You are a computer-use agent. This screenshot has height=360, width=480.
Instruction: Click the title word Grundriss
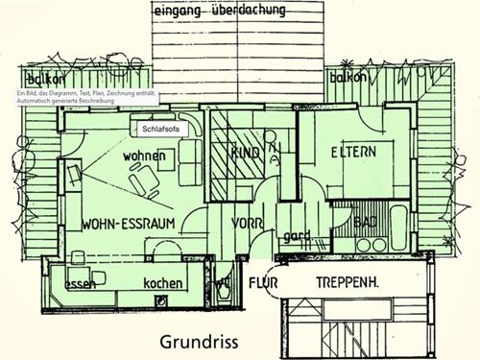point(198,342)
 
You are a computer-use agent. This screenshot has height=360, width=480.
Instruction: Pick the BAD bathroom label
point(365,223)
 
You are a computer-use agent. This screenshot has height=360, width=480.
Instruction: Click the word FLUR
point(263,284)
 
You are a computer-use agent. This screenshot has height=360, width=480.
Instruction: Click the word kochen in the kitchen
point(163,284)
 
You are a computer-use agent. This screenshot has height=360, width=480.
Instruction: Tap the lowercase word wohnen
point(144,156)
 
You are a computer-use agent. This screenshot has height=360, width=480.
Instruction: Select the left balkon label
point(45,78)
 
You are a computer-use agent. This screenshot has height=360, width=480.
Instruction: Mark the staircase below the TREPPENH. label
point(351,326)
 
